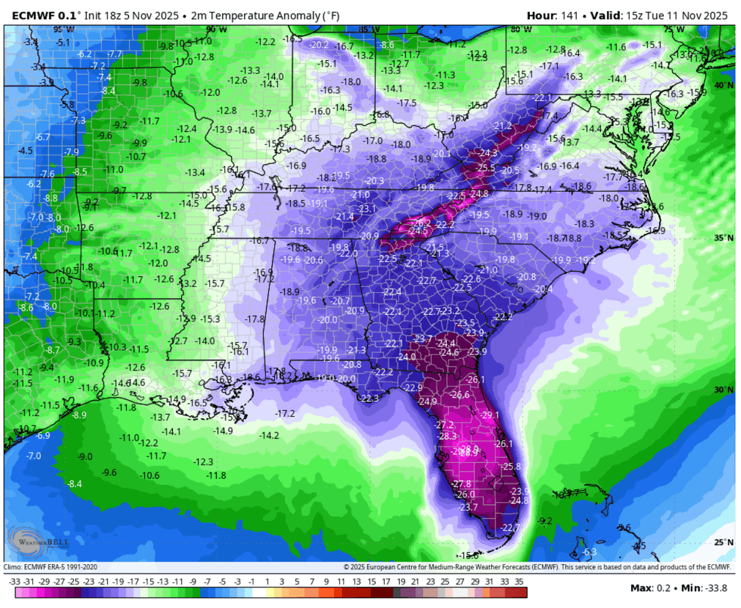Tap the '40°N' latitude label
coord(723,85)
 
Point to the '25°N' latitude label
coord(723,542)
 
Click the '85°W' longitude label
coord(369,29)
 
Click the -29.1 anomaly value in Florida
coord(490,415)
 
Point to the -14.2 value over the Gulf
coord(269,435)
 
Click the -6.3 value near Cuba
coord(589,551)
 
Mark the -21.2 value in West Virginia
coord(503,126)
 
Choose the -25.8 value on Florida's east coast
coord(512,466)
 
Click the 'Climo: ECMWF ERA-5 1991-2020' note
coord(51,567)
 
